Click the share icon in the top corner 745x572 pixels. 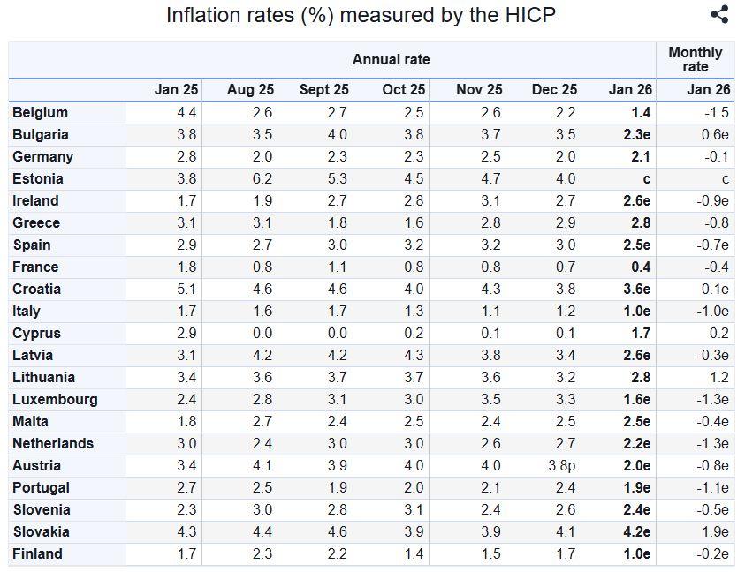tap(719, 14)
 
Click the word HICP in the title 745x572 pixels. tap(530, 15)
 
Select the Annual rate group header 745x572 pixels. tap(391, 59)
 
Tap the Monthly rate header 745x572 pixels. tap(696, 59)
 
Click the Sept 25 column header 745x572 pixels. tap(324, 90)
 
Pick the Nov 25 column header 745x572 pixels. tap(479, 90)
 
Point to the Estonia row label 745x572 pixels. tap(37, 179)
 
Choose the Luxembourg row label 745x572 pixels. tap(55, 400)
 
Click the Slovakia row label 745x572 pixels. tap(42, 531)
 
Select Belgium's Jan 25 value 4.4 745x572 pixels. tap(186, 112)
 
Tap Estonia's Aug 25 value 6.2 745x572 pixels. tap(262, 179)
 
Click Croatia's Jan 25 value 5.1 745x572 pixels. tap(186, 289)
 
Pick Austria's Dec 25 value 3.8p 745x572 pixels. tap(561, 466)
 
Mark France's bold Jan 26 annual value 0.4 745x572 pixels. tap(641, 267)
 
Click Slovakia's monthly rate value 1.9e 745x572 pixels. tap(715, 531)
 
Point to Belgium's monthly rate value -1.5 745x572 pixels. tap(717, 112)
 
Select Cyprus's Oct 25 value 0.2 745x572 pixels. tap(414, 334)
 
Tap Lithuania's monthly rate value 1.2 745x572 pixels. tap(719, 378)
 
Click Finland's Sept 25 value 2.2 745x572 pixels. tap(338, 554)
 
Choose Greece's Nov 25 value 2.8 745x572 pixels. tap(490, 223)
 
